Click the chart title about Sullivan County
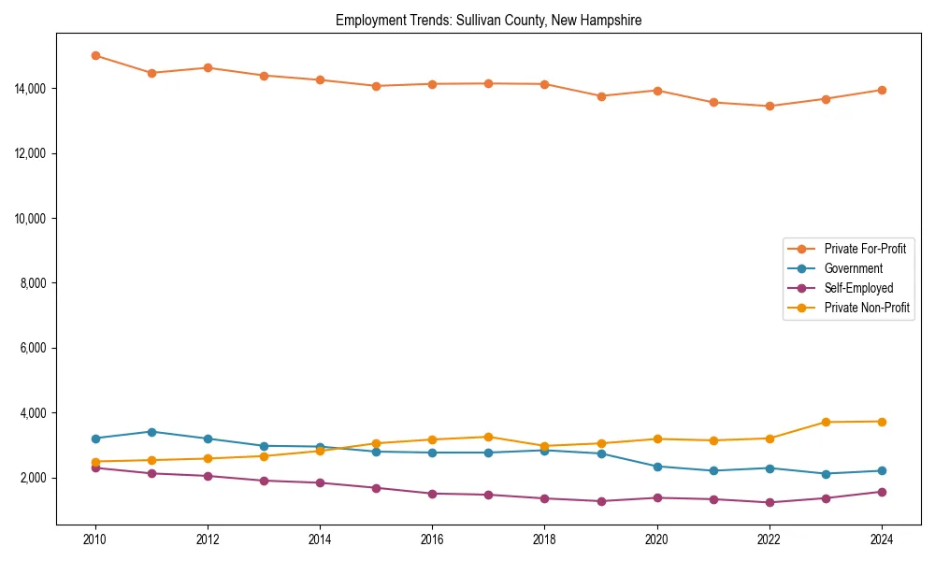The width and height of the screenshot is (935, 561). (x=488, y=20)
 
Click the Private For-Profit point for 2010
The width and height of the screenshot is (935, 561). (x=95, y=55)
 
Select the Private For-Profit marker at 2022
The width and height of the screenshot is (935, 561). (x=770, y=106)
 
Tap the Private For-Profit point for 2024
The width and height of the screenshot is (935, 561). (x=882, y=90)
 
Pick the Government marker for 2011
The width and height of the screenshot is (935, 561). (x=151, y=432)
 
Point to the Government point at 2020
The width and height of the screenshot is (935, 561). (x=657, y=467)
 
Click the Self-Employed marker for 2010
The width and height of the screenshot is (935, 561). (x=95, y=467)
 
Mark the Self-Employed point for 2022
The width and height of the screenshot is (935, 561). (x=770, y=502)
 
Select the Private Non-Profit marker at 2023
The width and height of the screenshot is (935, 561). (x=826, y=422)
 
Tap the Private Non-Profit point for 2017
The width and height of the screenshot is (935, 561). (x=488, y=437)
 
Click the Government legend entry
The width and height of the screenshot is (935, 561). (x=853, y=268)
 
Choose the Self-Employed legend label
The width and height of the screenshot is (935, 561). (x=858, y=288)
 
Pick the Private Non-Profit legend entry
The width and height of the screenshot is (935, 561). (x=867, y=308)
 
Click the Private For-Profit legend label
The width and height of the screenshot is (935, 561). (x=865, y=249)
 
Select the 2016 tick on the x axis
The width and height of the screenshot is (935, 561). (x=432, y=539)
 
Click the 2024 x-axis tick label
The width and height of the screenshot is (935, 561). (x=882, y=539)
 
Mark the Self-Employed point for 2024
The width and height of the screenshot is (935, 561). (x=882, y=492)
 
